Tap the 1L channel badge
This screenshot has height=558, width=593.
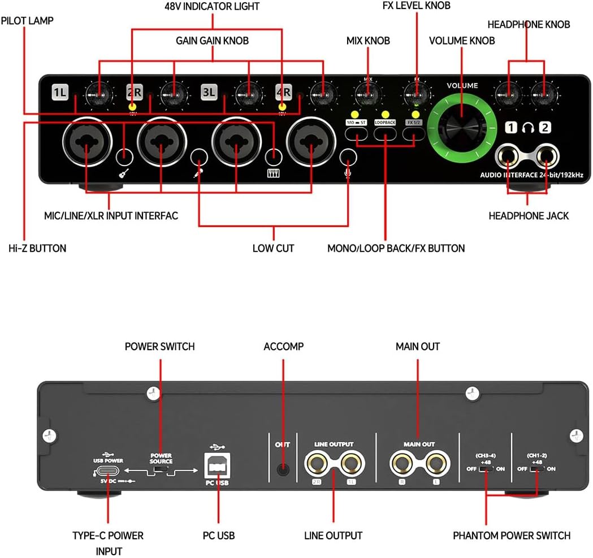pyautogui.click(x=60, y=91)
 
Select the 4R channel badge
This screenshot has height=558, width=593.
pyautogui.click(x=283, y=91)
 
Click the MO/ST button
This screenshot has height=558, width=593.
pyautogui.click(x=356, y=133)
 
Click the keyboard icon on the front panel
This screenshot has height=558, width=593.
pyautogui.click(x=274, y=174)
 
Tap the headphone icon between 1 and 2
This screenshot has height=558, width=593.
pyautogui.click(x=527, y=128)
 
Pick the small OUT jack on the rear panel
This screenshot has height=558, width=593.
pyautogui.click(x=283, y=468)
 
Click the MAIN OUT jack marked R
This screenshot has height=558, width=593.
pyautogui.click(x=402, y=464)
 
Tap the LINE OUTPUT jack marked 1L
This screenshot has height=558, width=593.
pyautogui.click(x=350, y=464)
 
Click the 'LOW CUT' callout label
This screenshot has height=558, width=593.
pyautogui.click(x=273, y=248)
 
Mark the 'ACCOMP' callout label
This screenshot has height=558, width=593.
pyautogui.click(x=283, y=346)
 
